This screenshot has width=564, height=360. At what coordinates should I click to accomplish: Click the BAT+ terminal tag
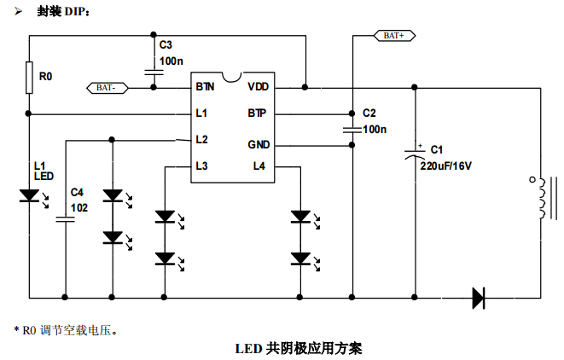[394, 36]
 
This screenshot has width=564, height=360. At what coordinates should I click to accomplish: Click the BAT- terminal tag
[109, 87]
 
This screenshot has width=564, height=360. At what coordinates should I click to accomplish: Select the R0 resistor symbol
[29, 78]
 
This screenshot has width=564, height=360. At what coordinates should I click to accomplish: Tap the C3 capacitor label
[166, 44]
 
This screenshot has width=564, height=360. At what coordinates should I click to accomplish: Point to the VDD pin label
[259, 87]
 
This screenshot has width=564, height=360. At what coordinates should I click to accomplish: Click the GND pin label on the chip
[259, 145]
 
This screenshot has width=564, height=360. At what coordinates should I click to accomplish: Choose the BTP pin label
[258, 113]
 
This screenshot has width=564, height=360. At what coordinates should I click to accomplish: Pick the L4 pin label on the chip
[259, 166]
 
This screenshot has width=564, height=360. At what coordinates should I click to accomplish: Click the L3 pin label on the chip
[201, 166]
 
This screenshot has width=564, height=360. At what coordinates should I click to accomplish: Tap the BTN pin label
[205, 87]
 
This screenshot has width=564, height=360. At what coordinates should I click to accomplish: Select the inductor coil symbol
[539, 199]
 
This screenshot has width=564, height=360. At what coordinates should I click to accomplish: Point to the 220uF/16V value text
[445, 166]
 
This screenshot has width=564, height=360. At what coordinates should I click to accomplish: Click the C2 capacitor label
[369, 113]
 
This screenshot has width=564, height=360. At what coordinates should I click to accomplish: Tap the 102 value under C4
[78, 207]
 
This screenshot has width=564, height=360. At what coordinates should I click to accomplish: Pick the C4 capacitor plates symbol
[65, 219]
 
